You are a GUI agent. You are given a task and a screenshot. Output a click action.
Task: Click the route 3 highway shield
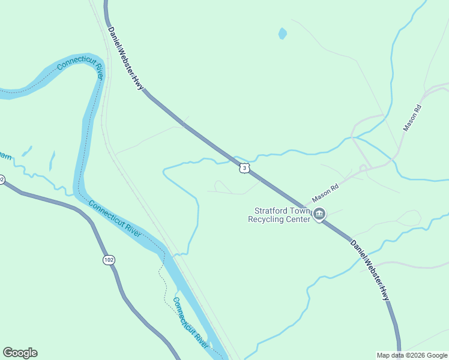[x=244, y=168]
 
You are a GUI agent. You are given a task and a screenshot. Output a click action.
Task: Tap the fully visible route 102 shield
[x=108, y=260]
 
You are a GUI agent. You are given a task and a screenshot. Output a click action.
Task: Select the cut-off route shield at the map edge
[x=2, y=179]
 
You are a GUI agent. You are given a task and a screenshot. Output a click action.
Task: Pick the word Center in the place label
[x=300, y=219]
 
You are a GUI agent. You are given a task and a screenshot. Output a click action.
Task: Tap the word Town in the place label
[x=298, y=211]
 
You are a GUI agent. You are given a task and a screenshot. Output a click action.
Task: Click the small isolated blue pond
[x=282, y=34]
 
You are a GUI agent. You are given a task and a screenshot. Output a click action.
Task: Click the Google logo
[x=20, y=353]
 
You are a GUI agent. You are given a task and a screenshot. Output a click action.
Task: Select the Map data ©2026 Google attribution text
[x=412, y=355]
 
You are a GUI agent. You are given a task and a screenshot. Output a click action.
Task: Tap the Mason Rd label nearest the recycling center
[x=325, y=194]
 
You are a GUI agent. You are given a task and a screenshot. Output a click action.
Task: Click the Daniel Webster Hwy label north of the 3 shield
[x=125, y=59]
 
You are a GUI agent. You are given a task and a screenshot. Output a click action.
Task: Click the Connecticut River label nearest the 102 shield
[x=115, y=218]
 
